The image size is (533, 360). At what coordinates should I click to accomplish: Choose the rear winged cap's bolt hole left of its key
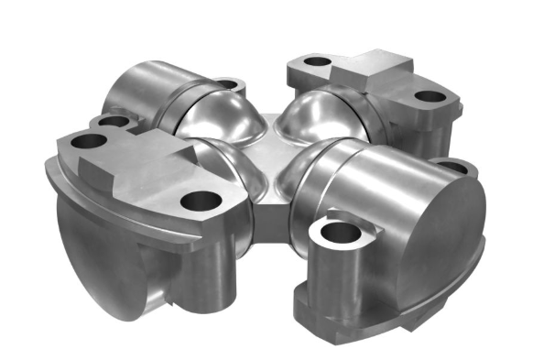click(x=316, y=63)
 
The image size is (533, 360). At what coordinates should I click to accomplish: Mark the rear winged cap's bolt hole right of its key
click(x=426, y=96)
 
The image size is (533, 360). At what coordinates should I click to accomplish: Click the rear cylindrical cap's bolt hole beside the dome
click(x=230, y=86)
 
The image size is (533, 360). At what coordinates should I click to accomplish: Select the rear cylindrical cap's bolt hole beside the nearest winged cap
click(x=111, y=121)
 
